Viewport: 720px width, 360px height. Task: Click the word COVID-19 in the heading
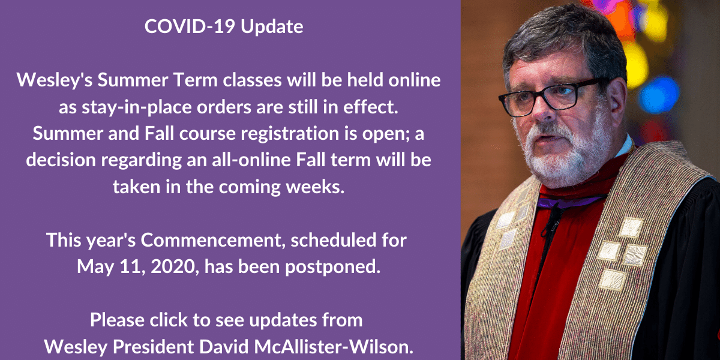(190, 26)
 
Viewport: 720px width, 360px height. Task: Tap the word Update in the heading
(272, 26)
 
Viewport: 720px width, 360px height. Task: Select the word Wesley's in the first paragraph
(55, 80)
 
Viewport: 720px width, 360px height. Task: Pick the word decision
(61, 160)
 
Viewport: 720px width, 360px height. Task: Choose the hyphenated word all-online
(251, 160)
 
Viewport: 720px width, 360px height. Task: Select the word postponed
(333, 267)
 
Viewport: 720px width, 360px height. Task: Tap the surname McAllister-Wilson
(334, 347)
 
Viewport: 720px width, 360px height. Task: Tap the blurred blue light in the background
(658, 95)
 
